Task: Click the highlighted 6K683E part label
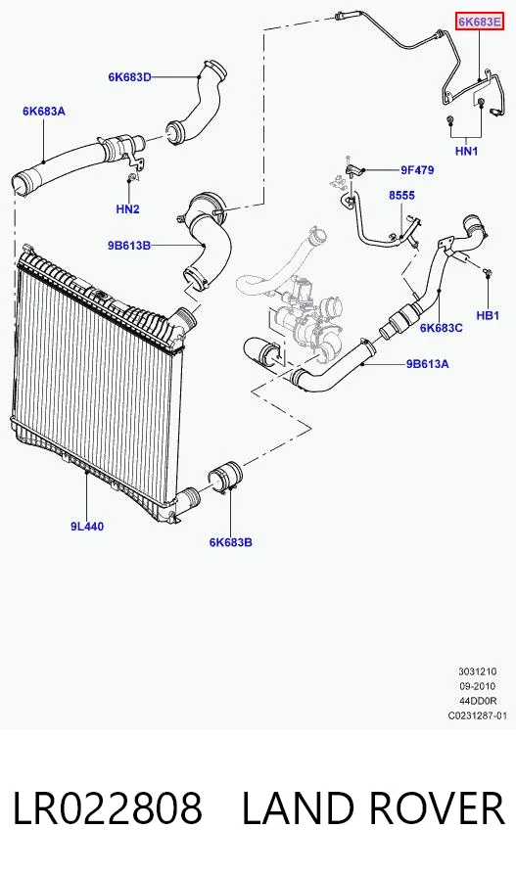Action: (480, 23)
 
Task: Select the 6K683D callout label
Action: (129, 77)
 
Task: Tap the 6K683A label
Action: (43, 111)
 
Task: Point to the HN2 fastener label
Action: (128, 209)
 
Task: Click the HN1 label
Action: (467, 151)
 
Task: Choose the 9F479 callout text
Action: (416, 170)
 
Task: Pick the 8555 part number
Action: (402, 196)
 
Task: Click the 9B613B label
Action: (129, 245)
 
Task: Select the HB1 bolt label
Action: (488, 316)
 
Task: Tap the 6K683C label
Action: (442, 328)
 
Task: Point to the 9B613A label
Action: (427, 364)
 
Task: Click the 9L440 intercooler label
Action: (87, 526)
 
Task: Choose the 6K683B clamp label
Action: (231, 542)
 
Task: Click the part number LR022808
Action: (108, 808)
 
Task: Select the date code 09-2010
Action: (477, 686)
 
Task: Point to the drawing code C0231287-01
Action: (478, 715)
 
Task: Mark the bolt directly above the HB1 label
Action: (488, 272)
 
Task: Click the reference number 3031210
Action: (477, 671)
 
